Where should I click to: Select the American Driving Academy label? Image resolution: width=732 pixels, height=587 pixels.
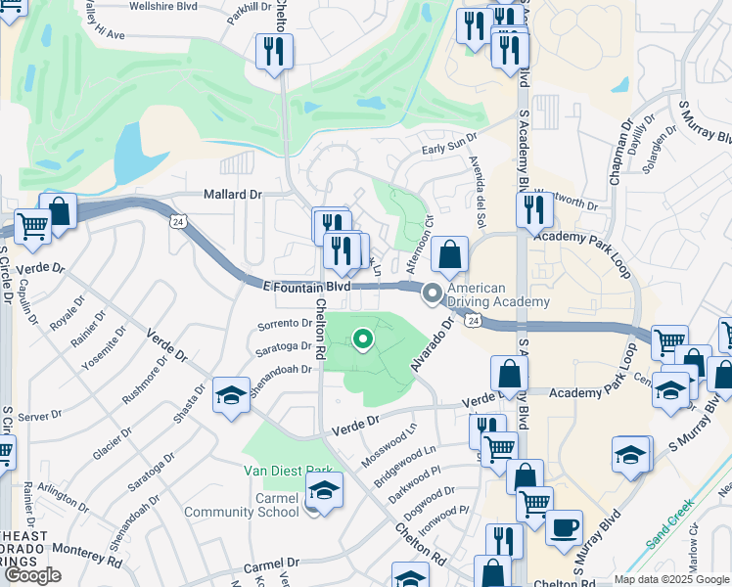[498, 294]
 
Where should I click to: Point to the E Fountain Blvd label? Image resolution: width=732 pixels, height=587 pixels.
[306, 286]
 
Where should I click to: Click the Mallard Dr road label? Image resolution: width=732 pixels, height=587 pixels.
[232, 194]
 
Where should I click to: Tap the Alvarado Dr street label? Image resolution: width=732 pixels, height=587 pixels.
[434, 342]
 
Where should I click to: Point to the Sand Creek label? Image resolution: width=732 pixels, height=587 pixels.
[669, 529]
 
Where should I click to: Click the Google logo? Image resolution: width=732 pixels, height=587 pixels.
[32, 575]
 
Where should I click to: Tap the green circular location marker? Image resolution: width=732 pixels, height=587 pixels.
[362, 339]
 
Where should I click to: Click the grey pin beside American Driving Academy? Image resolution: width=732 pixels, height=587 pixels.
[432, 293]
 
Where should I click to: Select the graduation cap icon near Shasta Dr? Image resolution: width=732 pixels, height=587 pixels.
[231, 394]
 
